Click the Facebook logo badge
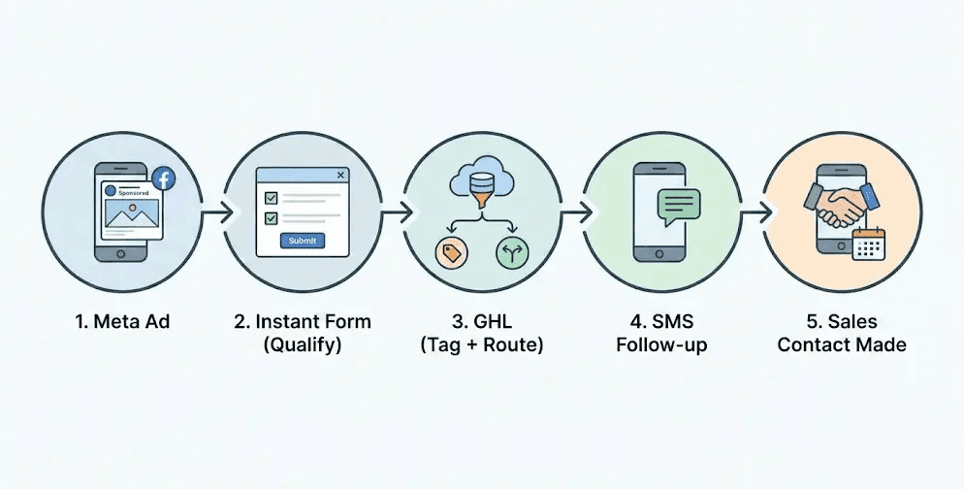coord(164,179)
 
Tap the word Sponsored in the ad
coord(133,192)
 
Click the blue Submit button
coord(303,241)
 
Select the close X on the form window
coord(339,175)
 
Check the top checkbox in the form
coord(272,198)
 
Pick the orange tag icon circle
coord(450,253)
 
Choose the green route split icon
coord(512,253)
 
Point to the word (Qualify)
coord(302,344)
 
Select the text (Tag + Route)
coord(481,344)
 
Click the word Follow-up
coord(661,344)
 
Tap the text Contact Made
coord(841,344)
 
